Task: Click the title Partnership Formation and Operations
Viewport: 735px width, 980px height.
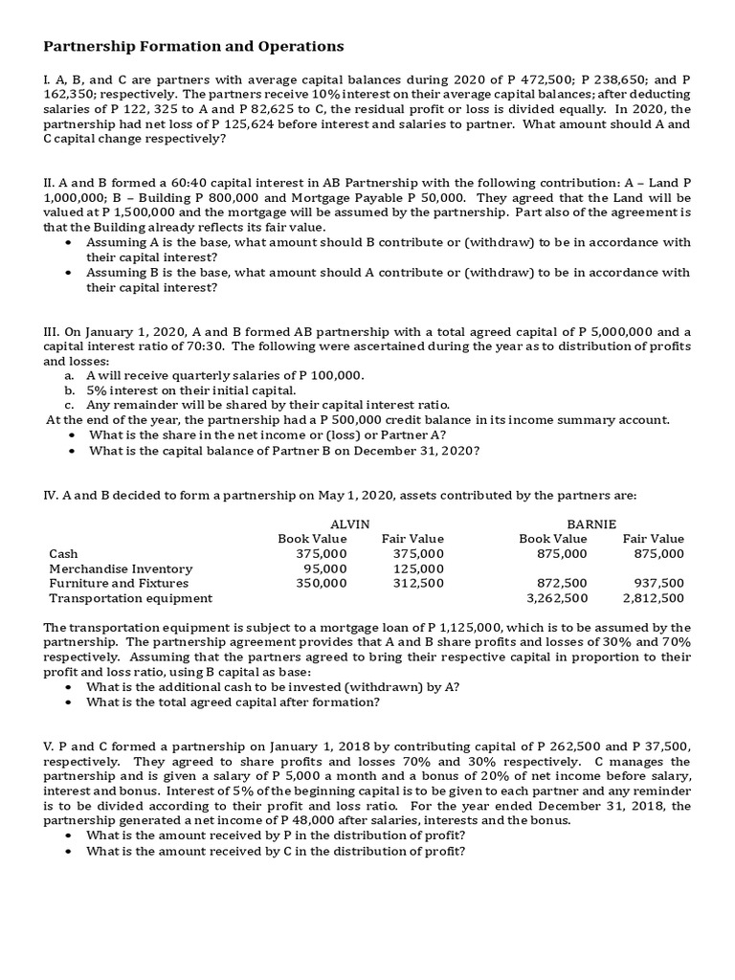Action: click(x=194, y=46)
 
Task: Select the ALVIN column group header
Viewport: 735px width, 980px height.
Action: click(x=349, y=523)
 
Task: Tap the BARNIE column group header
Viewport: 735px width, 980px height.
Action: click(x=591, y=523)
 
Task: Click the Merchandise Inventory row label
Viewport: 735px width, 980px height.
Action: click(x=121, y=568)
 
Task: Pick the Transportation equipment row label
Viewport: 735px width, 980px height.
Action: click(x=130, y=598)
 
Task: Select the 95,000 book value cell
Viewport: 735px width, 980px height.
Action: click(x=324, y=568)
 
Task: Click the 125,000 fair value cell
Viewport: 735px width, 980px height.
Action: click(x=420, y=568)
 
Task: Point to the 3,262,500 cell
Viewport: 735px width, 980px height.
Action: click(x=557, y=598)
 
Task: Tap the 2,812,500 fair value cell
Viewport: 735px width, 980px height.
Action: click(x=654, y=598)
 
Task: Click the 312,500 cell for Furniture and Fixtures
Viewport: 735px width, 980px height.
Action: click(x=420, y=583)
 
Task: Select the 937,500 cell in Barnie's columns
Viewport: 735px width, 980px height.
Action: click(x=659, y=583)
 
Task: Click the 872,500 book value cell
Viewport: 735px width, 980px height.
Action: click(x=563, y=583)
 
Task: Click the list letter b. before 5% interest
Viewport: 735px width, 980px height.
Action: click(x=70, y=390)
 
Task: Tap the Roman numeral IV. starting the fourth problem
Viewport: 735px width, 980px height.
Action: click(x=53, y=495)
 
